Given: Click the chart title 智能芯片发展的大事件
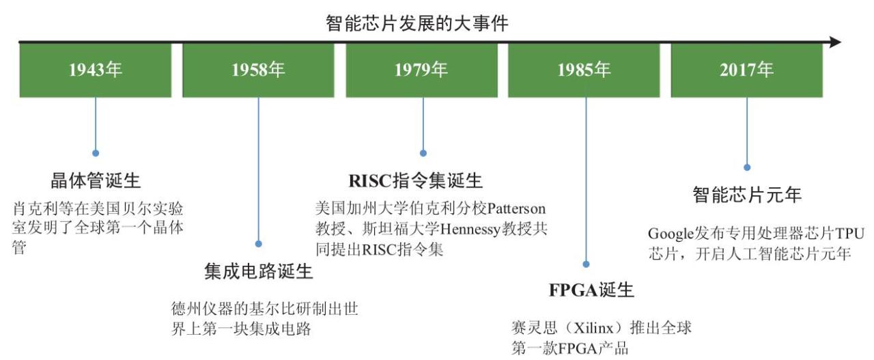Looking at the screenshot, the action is [417, 23].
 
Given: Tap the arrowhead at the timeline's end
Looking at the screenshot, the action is [835, 42].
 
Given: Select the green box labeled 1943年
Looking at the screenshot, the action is [96, 70].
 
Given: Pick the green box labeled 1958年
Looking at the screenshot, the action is [258, 70].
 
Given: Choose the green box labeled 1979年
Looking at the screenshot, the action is [422, 70].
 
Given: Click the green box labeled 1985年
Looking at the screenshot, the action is [584, 70].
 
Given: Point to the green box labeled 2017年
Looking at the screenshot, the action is [747, 70].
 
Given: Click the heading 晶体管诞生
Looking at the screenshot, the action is [96, 181].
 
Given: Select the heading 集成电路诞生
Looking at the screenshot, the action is [259, 271].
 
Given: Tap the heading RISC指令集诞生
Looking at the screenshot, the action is [416, 181].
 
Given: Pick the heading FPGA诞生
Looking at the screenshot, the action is [591, 290].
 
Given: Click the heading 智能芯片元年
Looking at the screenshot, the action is [747, 195].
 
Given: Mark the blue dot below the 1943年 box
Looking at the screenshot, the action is [96, 153].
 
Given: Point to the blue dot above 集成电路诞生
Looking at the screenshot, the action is [258, 244].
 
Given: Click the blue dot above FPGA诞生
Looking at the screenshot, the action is [586, 264].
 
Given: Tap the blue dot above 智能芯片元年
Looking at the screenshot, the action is [747, 167].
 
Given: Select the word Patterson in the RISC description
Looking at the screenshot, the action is [517, 209].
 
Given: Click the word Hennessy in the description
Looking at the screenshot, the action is [470, 230].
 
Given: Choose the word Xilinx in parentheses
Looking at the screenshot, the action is [593, 328].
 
